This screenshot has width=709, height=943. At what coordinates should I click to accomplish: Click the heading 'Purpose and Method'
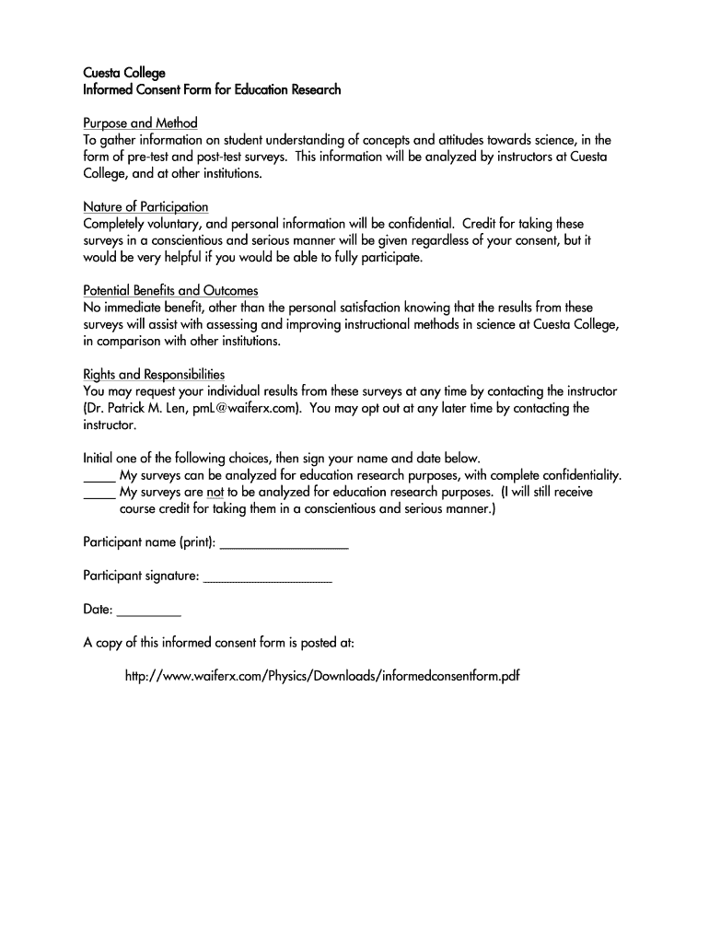pyautogui.click(x=140, y=123)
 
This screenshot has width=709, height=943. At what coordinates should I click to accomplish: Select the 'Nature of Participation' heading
pyautogui.click(x=145, y=207)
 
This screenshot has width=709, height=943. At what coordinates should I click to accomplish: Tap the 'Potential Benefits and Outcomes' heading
pyautogui.click(x=170, y=291)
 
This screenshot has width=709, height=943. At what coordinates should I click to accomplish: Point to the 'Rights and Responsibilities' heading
pyautogui.click(x=154, y=375)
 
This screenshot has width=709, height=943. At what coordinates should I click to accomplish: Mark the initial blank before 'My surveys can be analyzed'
pyautogui.click(x=99, y=476)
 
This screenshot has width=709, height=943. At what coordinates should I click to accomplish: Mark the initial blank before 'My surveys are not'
pyautogui.click(x=99, y=493)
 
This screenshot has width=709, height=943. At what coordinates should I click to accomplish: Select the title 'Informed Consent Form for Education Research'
pyautogui.click(x=212, y=89)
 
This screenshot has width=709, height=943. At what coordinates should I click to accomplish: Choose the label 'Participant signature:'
pyautogui.click(x=141, y=576)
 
